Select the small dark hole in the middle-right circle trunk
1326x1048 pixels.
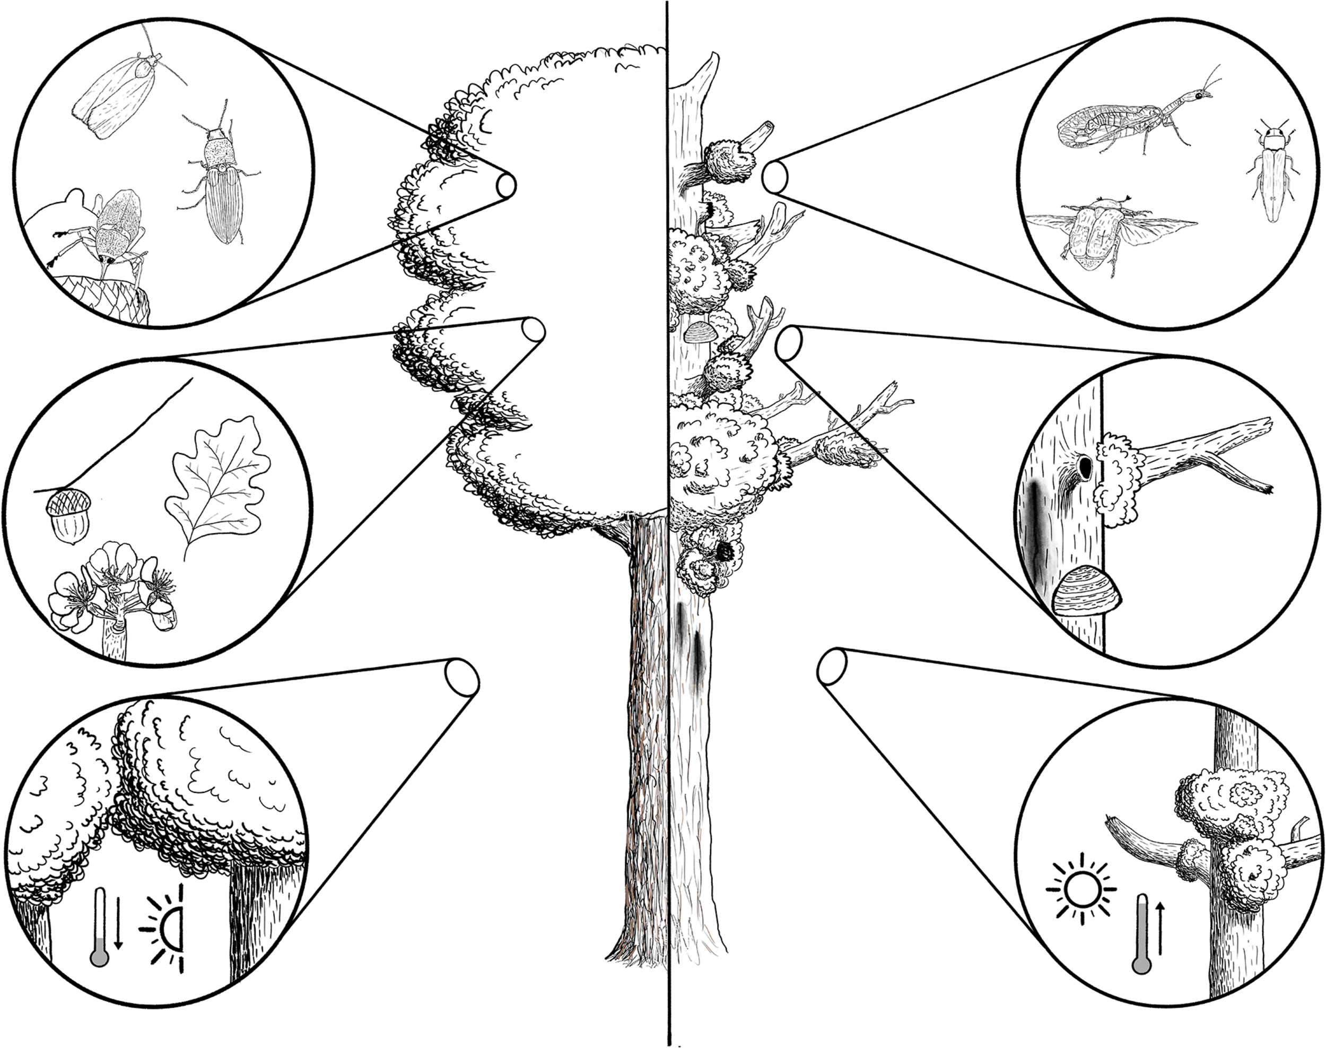point(1086,470)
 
